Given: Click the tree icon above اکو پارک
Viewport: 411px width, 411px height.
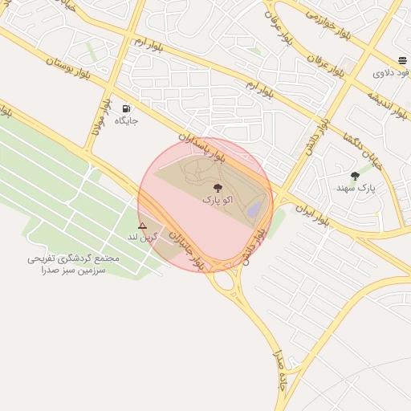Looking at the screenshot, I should [218, 187].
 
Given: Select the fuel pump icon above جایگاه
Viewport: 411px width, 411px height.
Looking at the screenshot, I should [126, 108].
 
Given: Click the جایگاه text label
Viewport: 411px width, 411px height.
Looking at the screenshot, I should [126, 120].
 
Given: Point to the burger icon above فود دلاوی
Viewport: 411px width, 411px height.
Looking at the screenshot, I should [401, 61].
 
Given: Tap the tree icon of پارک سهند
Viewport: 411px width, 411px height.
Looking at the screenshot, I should [355, 176].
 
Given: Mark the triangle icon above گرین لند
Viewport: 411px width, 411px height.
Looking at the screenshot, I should [143, 226].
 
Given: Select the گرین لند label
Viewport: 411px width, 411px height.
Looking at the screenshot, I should [142, 238].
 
